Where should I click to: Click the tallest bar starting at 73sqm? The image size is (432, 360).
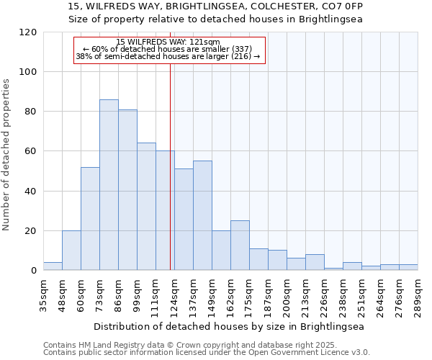(x=109, y=185)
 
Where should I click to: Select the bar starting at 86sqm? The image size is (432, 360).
(x=127, y=190)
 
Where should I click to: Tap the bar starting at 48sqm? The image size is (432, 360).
(x=71, y=251)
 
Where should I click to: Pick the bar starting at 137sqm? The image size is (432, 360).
(x=202, y=215)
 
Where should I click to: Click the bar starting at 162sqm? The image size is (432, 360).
(x=240, y=246)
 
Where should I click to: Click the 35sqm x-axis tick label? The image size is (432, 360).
(x=43, y=294)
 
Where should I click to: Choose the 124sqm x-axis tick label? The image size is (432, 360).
(x=174, y=294)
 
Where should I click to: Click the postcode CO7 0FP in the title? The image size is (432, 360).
(x=342, y=6)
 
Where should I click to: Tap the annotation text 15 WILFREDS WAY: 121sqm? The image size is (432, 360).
(x=168, y=42)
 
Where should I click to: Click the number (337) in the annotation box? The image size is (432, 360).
(x=240, y=49)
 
